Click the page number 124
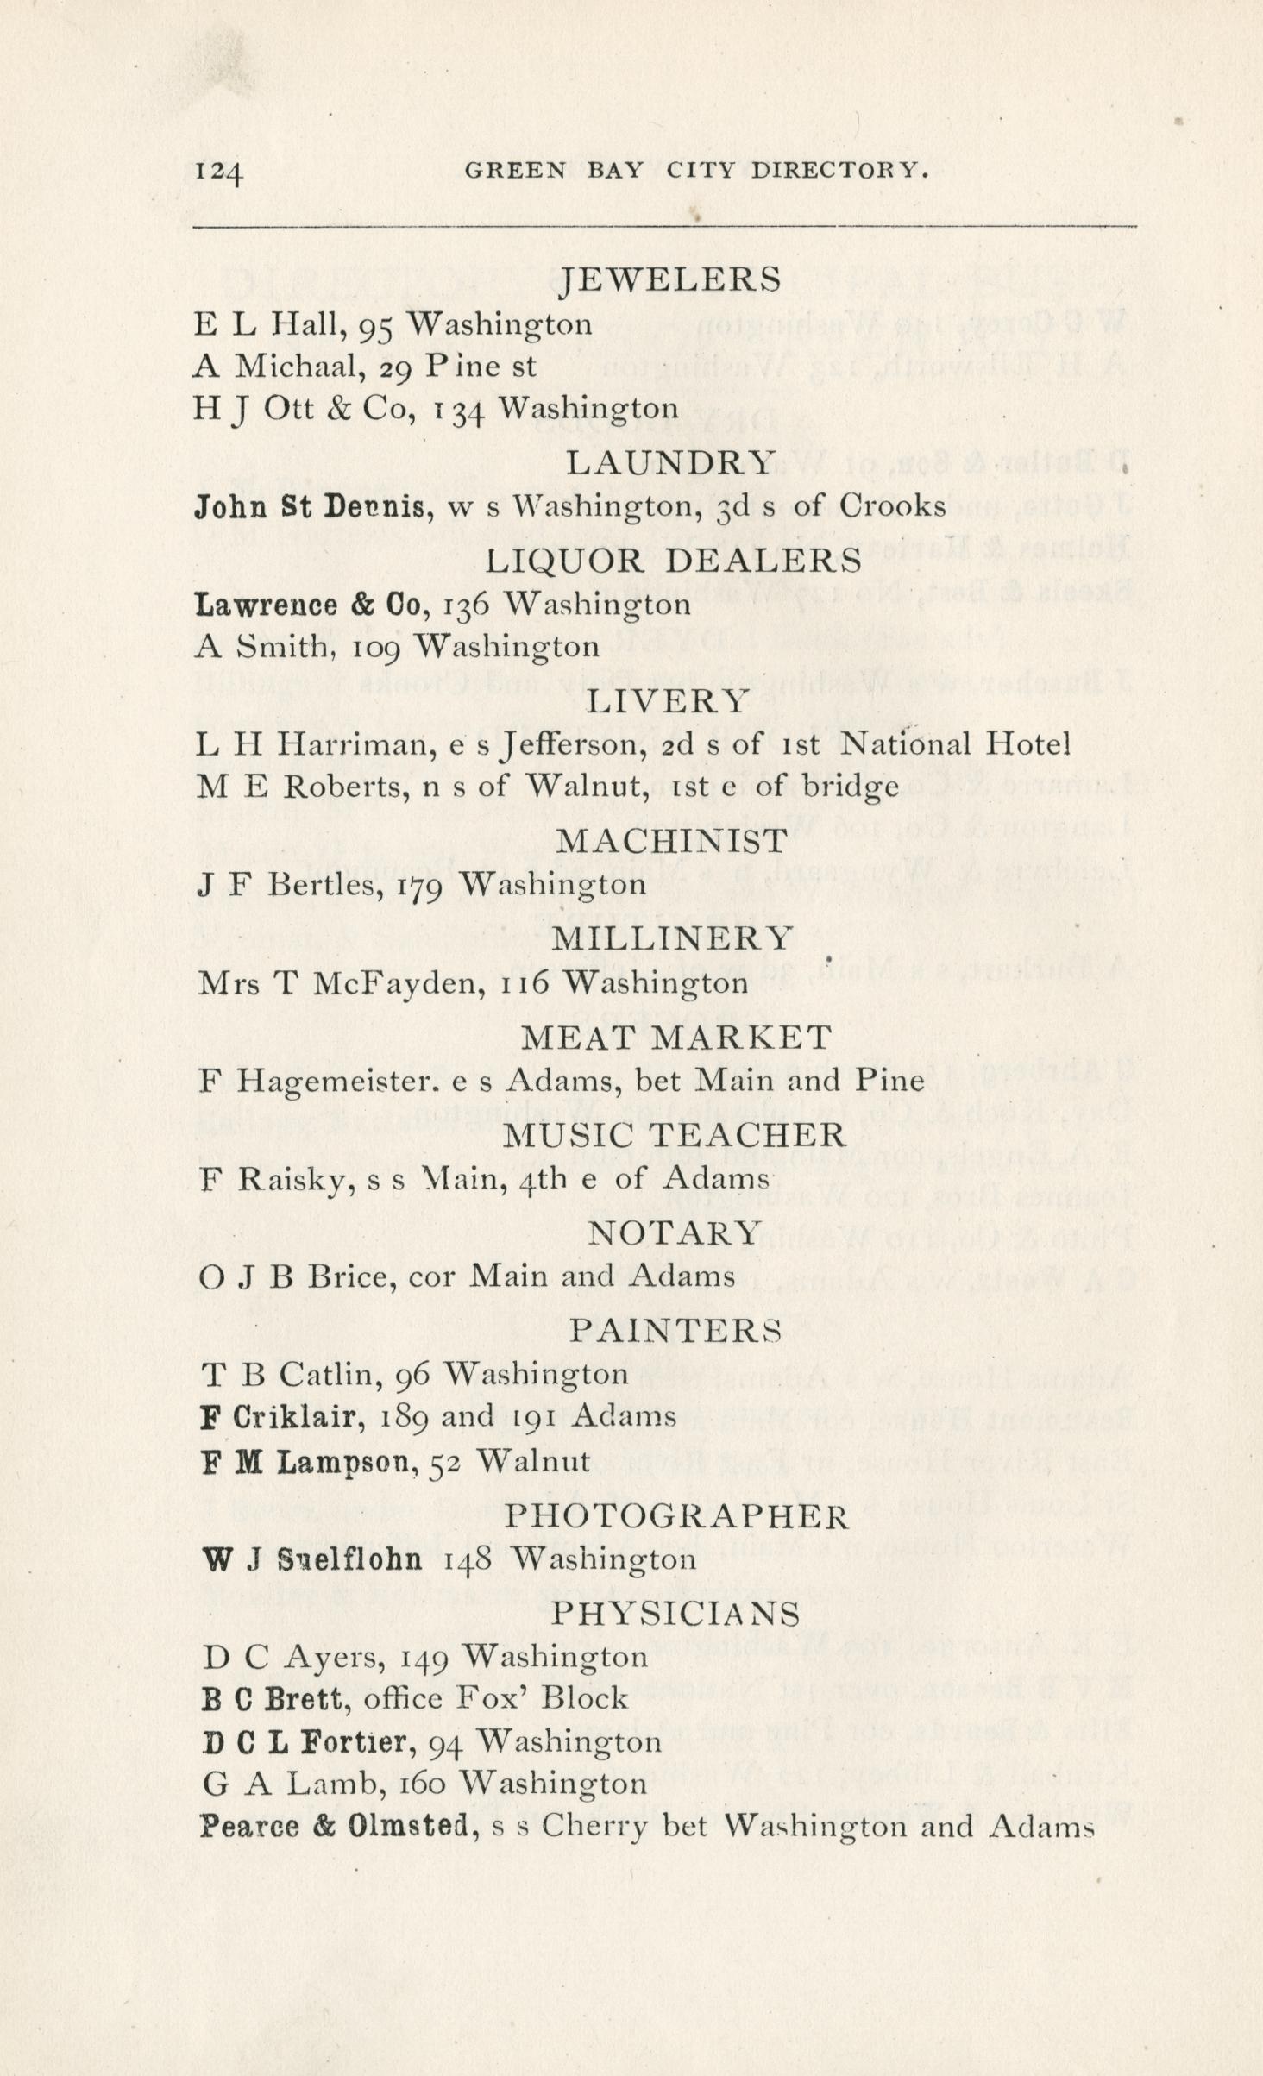click(219, 171)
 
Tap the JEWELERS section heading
click(670, 279)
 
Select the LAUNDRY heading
click(670, 463)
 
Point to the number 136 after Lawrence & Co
click(466, 604)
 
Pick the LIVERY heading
click(667, 700)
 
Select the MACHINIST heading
click(671, 840)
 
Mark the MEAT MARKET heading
click(676, 1037)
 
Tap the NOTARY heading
click(675, 1232)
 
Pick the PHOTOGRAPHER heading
click(676, 1515)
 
